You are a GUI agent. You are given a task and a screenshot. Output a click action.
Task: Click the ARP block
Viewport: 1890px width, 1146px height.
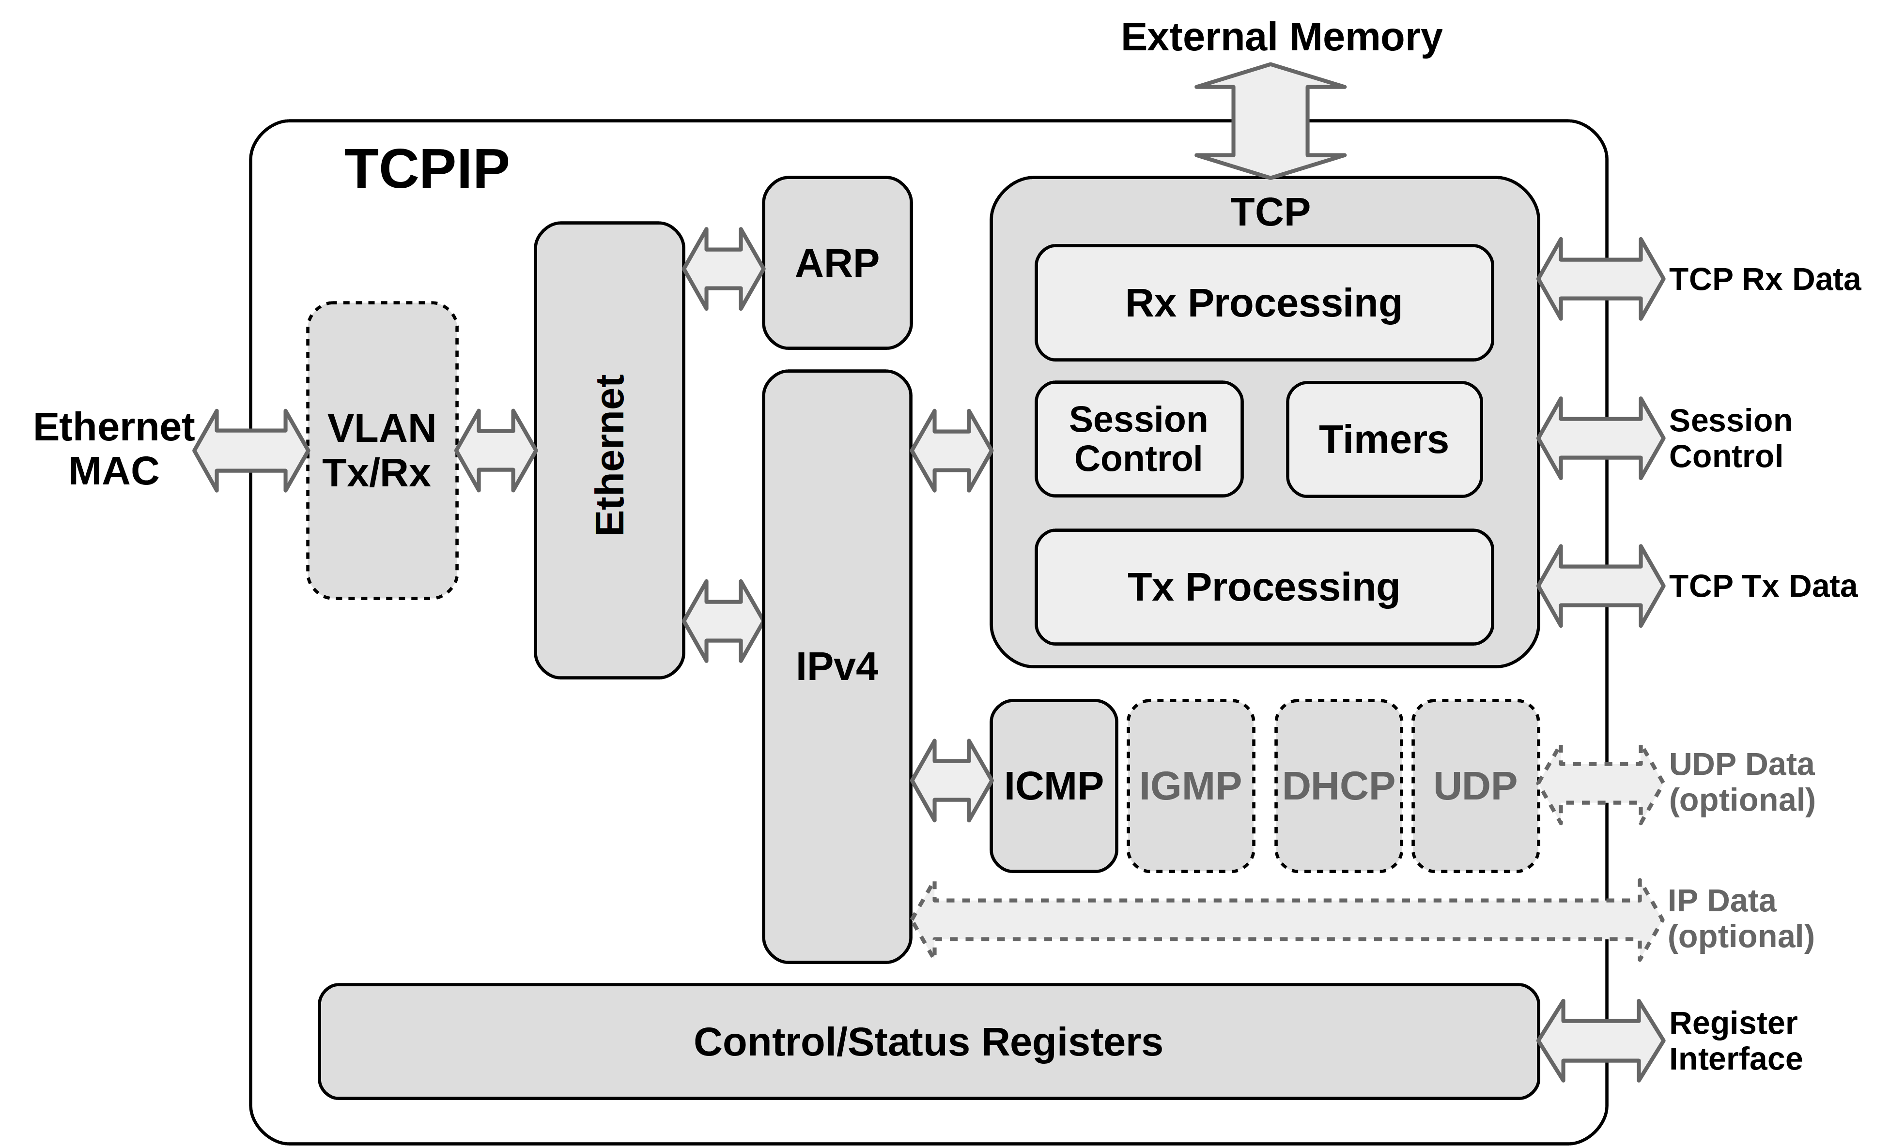pyautogui.click(x=837, y=263)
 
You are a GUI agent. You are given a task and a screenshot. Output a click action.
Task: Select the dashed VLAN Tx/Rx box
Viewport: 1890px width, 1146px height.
pyautogui.click(x=382, y=450)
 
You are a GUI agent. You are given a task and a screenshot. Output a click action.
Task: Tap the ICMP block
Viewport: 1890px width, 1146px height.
pyautogui.click(x=1053, y=786)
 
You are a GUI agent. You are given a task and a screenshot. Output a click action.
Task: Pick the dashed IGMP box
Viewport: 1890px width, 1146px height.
pyautogui.click(x=1191, y=786)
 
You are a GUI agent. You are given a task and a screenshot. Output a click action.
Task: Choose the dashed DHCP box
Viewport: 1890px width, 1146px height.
pyautogui.click(x=1338, y=786)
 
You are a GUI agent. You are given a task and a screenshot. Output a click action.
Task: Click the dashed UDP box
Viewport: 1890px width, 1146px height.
pyautogui.click(x=1475, y=786)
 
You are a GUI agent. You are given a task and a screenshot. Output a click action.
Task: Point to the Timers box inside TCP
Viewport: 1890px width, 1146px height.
pyautogui.click(x=1384, y=439)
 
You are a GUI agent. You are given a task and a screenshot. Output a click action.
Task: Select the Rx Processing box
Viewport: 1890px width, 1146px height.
pyautogui.click(x=1263, y=303)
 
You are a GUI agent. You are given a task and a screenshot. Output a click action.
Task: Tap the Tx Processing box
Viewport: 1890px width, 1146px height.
pyautogui.click(x=1263, y=587)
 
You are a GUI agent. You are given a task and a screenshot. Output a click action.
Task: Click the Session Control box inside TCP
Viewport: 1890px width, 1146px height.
pyautogui.click(x=1138, y=439)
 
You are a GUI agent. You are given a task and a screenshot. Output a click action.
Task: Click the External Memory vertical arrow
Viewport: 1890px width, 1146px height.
pyautogui.click(x=1270, y=121)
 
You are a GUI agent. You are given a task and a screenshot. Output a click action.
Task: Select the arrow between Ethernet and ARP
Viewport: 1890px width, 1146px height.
pyautogui.click(x=723, y=268)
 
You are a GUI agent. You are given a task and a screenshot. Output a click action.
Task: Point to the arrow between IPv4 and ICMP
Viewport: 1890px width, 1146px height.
pyautogui.click(x=951, y=780)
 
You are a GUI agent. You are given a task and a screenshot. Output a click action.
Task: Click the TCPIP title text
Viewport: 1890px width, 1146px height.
pyautogui.click(x=426, y=168)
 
